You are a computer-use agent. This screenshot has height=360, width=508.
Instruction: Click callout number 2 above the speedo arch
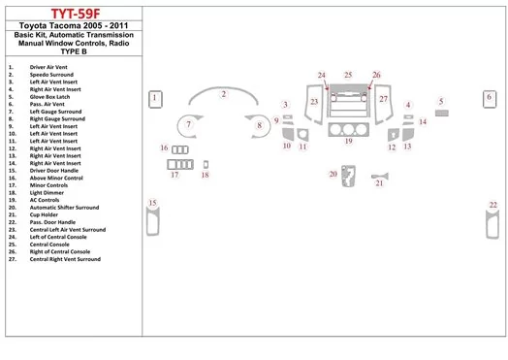point(223,94)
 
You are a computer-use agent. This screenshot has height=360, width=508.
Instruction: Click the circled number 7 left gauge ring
point(190,125)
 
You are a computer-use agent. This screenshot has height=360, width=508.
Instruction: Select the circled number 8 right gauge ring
point(259,125)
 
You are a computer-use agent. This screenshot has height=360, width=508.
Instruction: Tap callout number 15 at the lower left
point(151,203)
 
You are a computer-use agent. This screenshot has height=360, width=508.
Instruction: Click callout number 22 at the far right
point(492,205)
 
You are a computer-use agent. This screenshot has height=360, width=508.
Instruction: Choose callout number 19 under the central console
point(348,141)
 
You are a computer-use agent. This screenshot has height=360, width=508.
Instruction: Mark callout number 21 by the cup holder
point(379,182)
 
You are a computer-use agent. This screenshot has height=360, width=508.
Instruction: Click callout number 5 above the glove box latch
point(441,101)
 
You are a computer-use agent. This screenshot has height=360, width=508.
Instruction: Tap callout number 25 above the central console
point(348,75)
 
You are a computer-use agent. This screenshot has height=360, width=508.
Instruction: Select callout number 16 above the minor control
point(165,148)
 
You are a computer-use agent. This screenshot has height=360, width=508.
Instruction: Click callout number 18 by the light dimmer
point(205,175)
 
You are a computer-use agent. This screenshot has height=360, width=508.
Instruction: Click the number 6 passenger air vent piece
point(490,97)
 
